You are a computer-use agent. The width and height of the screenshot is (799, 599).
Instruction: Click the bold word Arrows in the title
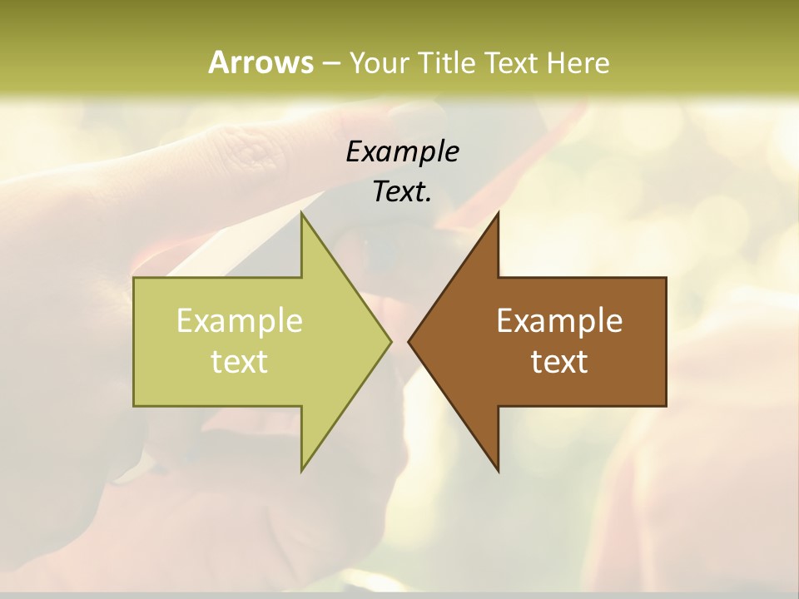(261, 62)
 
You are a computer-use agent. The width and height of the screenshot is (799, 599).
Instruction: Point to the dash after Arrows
(330, 63)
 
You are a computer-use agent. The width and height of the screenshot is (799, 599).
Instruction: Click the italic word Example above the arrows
(402, 152)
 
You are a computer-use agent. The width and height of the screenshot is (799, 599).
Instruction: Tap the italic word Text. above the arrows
(402, 192)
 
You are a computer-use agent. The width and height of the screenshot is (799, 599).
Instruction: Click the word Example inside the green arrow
(240, 321)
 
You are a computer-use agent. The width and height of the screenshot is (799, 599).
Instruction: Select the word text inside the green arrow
(240, 362)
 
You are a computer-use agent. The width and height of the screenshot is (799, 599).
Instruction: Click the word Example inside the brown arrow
(559, 321)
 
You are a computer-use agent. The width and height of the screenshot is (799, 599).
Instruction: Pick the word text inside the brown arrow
(559, 362)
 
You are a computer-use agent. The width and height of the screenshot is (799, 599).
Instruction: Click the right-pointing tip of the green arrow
(390, 341)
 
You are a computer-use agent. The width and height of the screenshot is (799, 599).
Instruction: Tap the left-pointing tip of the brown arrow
(409, 341)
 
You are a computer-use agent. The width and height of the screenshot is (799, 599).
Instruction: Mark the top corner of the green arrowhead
(301, 212)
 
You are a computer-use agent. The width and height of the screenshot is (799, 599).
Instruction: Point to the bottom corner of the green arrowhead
(301, 471)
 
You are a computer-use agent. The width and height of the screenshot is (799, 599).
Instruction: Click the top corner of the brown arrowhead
(498, 212)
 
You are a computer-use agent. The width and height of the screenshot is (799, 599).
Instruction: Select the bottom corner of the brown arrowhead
(498, 471)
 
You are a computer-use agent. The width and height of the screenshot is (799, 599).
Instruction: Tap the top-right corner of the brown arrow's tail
(666, 278)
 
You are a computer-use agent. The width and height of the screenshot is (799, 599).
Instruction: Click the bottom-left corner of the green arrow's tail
(134, 406)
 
